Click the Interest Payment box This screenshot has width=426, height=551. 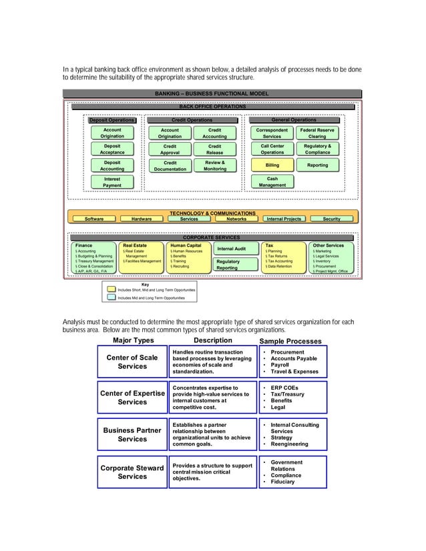pos(112,181)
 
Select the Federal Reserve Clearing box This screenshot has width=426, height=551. pos(317,133)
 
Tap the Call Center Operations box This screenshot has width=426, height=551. pos(272,149)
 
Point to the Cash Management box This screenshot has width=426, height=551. pos(272,181)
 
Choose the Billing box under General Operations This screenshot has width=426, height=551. pos(272,165)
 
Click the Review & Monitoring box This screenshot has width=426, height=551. pos(215,165)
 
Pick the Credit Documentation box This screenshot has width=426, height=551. pos(170,165)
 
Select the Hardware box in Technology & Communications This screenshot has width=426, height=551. pos(142,219)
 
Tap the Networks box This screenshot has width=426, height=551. pos(236,219)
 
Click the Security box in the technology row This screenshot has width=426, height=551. pos(331,219)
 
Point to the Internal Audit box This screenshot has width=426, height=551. pos(232,249)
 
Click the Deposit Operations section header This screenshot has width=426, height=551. pos(112,120)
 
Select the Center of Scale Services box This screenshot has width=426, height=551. pos(132,362)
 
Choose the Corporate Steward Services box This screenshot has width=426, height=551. pos(132,472)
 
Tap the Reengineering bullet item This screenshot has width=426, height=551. pos(291,444)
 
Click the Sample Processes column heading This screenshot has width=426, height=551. pos(292,340)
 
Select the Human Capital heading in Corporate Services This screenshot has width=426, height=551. pos(186,245)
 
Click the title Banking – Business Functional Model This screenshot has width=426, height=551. pos(212,94)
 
